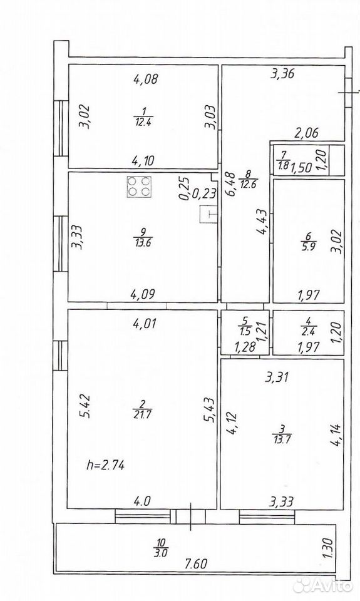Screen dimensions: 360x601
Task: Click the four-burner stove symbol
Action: [x=139, y=187]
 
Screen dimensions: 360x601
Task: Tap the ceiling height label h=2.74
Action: [x=105, y=465]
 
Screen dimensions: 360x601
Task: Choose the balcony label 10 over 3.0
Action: [x=162, y=547]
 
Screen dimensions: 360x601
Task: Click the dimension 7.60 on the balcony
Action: [x=196, y=564]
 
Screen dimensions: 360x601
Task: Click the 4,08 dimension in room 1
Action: [x=146, y=80]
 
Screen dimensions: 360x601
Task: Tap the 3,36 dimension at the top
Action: [x=282, y=73]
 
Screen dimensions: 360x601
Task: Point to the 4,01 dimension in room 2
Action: [x=143, y=324]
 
